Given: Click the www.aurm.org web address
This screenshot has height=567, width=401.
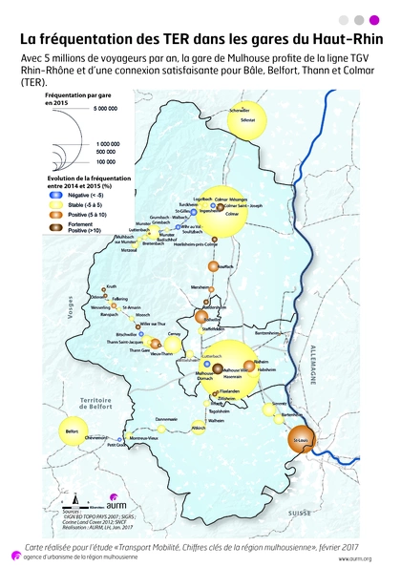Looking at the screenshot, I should [x=353, y=557].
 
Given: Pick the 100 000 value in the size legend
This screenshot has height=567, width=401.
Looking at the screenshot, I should [x=106, y=162].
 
